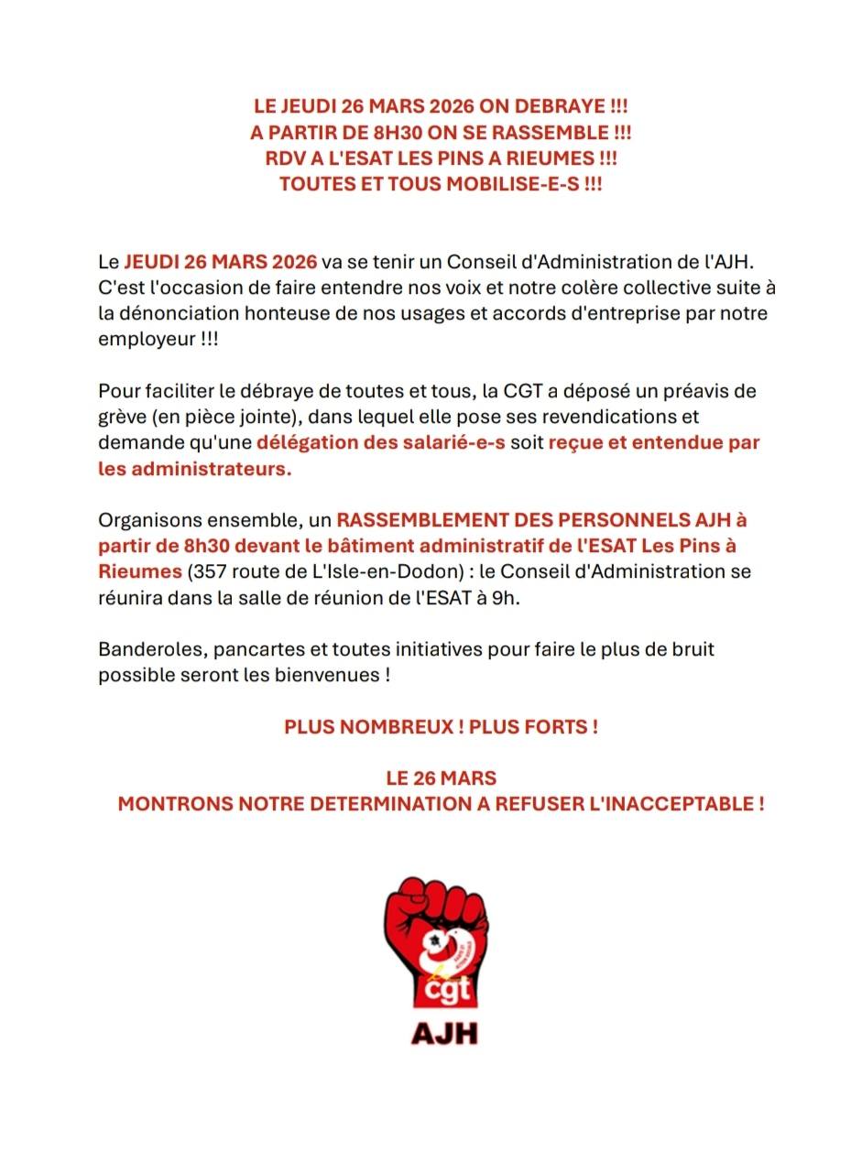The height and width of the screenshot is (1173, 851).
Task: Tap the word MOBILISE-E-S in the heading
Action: (x=513, y=183)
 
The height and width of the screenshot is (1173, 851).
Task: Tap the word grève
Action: (x=123, y=417)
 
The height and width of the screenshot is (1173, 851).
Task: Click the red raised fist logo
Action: (x=436, y=939)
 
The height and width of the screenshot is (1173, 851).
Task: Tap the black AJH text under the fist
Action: (x=444, y=1032)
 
